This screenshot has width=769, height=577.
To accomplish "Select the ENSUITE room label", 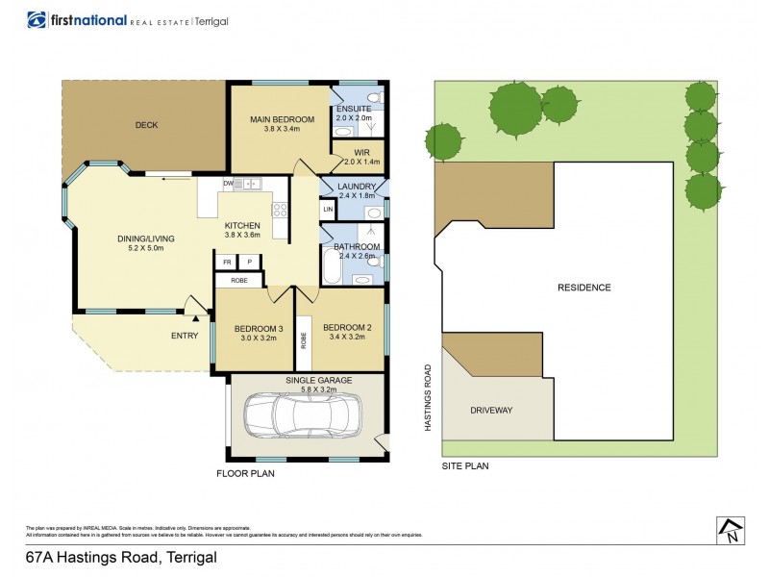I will coord(353,109).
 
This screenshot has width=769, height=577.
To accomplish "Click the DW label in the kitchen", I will coord(229,184).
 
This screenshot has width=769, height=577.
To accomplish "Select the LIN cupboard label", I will coord(328,210).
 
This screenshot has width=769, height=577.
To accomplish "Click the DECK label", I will coord(146,125).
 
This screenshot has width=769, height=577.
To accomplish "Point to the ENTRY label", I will coord(185,336).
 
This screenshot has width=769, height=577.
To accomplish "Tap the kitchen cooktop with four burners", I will coord(281,211).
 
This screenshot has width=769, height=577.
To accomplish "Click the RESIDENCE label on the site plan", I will coord(584,288).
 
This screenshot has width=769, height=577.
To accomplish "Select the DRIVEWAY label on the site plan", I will coord(491,411).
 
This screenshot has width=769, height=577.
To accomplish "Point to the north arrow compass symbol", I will coord(732,530).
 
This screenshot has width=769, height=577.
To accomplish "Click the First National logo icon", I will coord(37,20).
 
